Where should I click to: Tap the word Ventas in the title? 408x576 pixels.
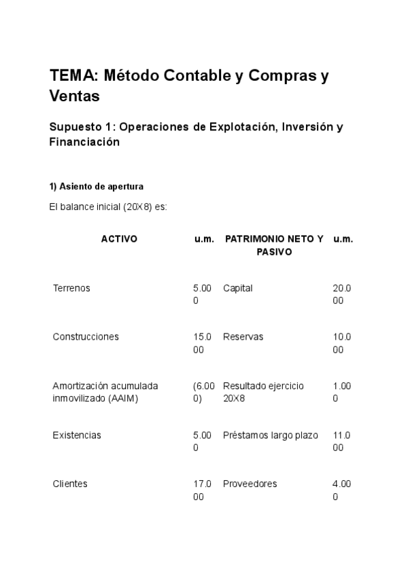pos(75,96)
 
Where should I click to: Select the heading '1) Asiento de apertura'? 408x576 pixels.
pos(96,186)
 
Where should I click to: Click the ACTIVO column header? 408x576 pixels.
pos(119,239)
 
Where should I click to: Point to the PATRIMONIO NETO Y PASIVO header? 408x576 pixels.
pos(274,245)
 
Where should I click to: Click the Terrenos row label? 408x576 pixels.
pos(71,288)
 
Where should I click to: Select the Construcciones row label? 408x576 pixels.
pos(86,337)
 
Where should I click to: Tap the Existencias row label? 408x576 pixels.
pos(77,435)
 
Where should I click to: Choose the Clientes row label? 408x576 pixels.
pos(70,484)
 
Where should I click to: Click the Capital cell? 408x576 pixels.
pos(237,288)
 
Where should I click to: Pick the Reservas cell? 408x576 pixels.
pos(243,337)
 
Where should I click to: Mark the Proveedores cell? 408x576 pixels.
pos(250,484)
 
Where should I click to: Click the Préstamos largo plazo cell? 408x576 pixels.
pos(270,435)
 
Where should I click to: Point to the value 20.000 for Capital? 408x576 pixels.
pos(342,294)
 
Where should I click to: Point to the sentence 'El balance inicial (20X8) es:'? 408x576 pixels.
pos(107,207)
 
